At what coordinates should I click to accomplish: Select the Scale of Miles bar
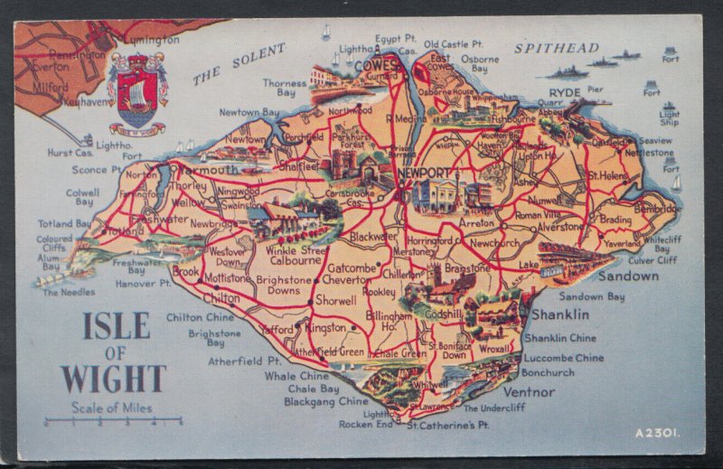click(x=114, y=421)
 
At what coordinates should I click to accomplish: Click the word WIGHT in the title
click(x=114, y=378)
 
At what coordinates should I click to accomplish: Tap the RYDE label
click(x=565, y=92)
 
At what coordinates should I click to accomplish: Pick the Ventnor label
click(x=529, y=392)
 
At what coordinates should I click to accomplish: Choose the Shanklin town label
click(x=560, y=314)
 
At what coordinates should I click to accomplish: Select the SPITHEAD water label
click(x=557, y=48)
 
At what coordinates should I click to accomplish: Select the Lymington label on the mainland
click(x=150, y=40)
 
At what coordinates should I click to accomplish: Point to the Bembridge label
click(x=658, y=209)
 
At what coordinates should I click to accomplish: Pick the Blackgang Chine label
click(x=326, y=401)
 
